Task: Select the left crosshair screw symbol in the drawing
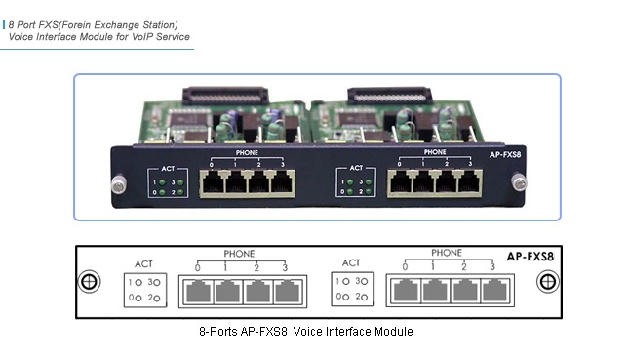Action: click(x=90, y=282)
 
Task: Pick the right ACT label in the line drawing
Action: click(x=351, y=263)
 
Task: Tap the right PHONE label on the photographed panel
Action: click(x=435, y=152)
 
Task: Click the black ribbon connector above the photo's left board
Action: click(x=224, y=100)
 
